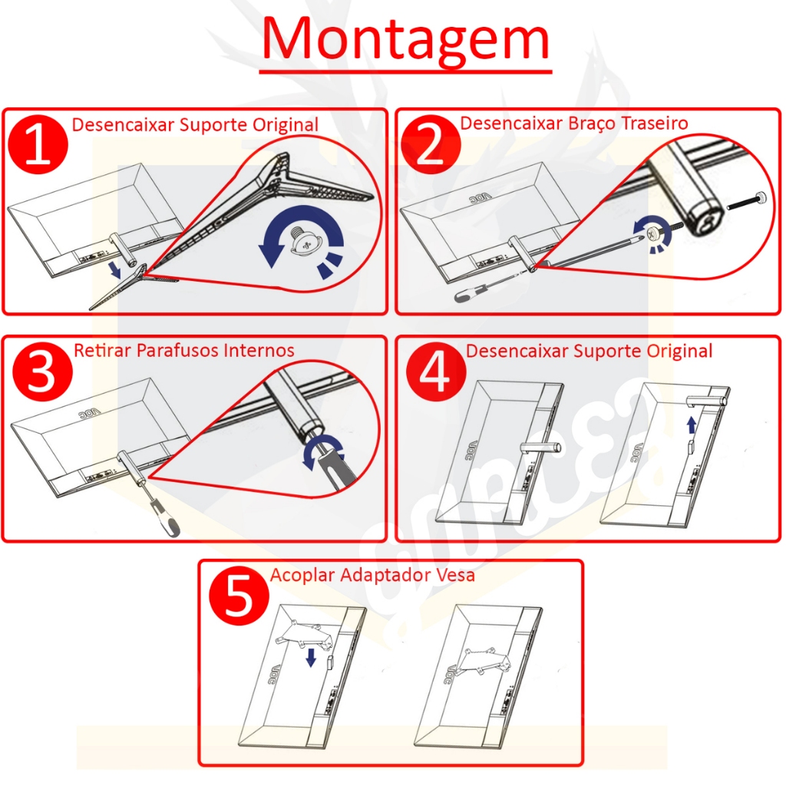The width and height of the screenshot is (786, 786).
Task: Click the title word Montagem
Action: tap(405, 40)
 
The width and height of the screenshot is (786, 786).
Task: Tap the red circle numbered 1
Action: tap(38, 144)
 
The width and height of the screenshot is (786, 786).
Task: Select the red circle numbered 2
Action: tap(431, 144)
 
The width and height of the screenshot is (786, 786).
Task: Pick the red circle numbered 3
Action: tap(42, 372)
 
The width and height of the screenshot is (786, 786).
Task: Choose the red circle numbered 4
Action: tap(436, 372)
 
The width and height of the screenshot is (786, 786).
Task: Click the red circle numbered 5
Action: tap(239, 596)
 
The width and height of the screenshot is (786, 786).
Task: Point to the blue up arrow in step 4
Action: tap(692, 425)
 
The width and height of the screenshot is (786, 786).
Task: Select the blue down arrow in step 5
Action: tap(312, 657)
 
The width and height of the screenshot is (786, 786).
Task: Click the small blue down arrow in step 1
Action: tap(115, 269)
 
